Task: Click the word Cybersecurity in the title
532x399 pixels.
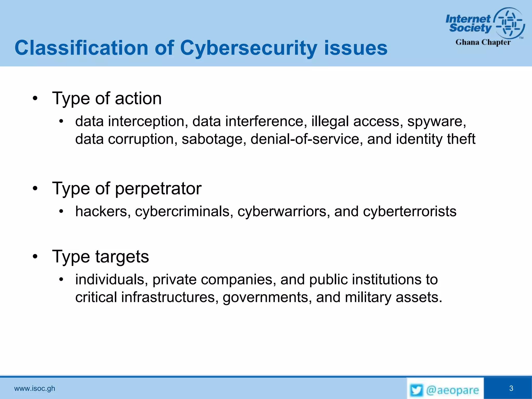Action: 248,48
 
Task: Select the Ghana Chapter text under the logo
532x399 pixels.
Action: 483,42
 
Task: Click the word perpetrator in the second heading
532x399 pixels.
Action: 158,189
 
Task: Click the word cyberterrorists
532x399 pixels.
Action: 409,211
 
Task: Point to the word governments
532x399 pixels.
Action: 267,297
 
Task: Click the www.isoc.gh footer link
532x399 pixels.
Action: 35,389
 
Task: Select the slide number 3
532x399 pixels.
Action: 511,388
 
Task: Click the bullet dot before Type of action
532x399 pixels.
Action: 35,99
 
